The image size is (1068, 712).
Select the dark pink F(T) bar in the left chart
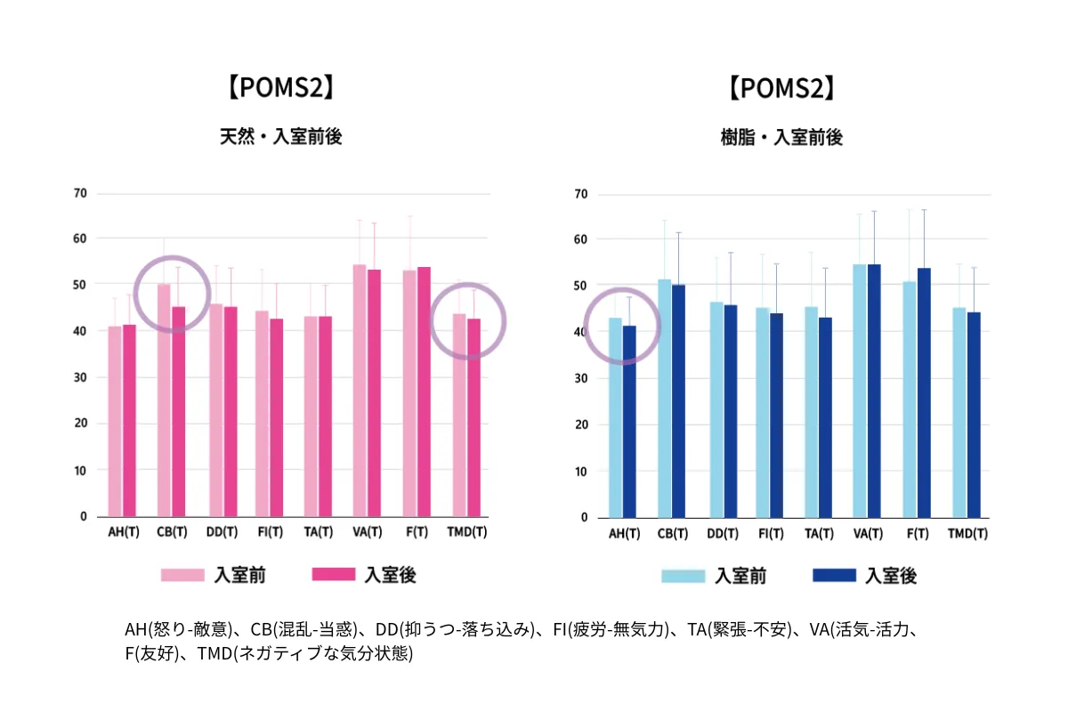pyautogui.click(x=424, y=392)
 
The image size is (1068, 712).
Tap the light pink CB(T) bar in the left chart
pyautogui.click(x=164, y=400)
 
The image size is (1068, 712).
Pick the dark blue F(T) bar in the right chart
pyautogui.click(x=924, y=392)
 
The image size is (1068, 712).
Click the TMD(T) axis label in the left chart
pyautogui.click(x=466, y=532)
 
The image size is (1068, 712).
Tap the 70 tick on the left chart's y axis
pyautogui.click(x=81, y=193)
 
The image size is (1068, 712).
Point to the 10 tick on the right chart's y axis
pyautogui.click(x=581, y=471)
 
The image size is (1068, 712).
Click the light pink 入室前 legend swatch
pyautogui.click(x=182, y=575)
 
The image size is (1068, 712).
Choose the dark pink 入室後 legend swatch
pyautogui.click(x=334, y=575)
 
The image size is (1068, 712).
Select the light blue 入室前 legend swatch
pyautogui.click(x=683, y=576)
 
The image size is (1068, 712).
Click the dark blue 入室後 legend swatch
pyautogui.click(x=835, y=576)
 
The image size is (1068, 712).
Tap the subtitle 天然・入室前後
pyautogui.click(x=281, y=137)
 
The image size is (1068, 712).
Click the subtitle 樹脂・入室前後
pyautogui.click(x=781, y=138)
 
